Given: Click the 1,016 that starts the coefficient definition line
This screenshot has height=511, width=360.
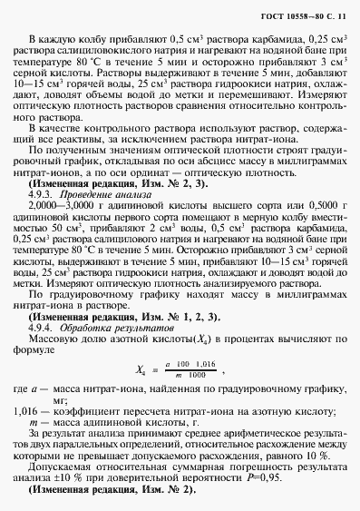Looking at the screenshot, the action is click(27, 409).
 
